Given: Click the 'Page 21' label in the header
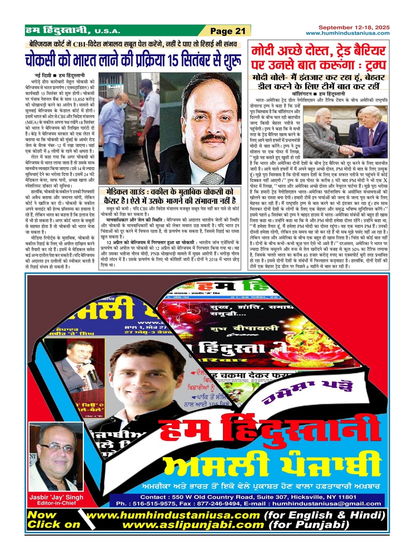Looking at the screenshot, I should point(228,31).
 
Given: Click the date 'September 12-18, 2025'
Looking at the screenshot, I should point(354,27).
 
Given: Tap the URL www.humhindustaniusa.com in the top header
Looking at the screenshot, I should point(348,33).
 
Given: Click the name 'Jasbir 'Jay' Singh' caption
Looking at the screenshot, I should point(56,497).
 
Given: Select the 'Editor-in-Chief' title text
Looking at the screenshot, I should point(56,503).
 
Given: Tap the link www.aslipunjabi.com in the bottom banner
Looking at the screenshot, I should point(193,525).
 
